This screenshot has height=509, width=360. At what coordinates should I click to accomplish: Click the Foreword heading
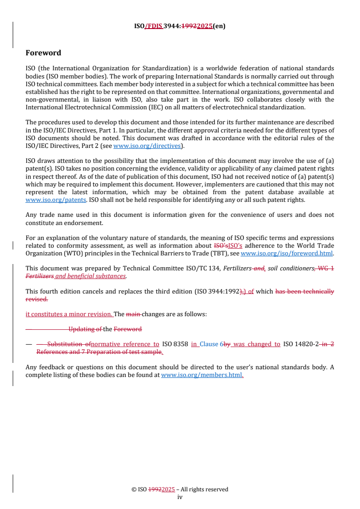coord(43,53)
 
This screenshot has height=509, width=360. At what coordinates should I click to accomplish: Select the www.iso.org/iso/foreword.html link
coord(286,254)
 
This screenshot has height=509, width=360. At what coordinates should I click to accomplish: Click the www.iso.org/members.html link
coord(202,375)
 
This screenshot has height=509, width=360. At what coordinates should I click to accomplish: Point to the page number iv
coord(180,497)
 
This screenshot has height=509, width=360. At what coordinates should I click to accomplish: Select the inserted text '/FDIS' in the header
coord(153,26)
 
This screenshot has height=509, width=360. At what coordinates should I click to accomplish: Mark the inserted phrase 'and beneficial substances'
coord(90,276)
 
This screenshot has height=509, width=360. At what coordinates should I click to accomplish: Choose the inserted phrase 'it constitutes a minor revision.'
coord(69,314)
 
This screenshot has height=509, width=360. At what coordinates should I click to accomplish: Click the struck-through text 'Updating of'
coord(85,329)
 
